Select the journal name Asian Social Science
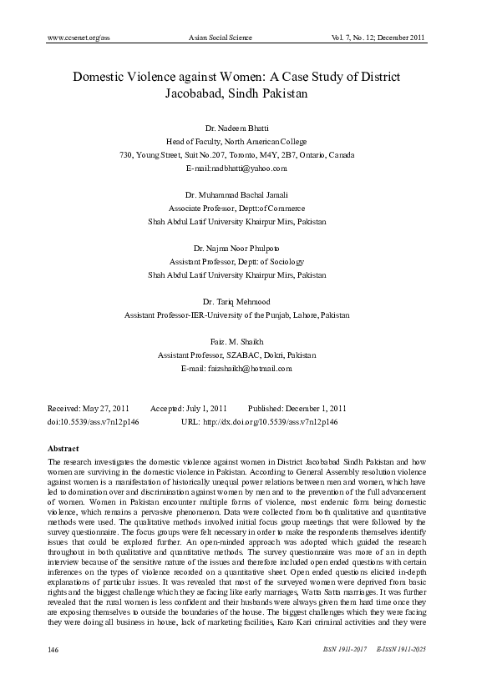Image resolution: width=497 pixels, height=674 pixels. click(x=221, y=38)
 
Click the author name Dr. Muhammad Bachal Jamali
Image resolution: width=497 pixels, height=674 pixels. click(x=237, y=194)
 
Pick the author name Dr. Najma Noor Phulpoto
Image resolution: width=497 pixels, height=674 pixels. click(x=237, y=248)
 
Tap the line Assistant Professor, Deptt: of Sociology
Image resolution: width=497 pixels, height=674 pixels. click(x=237, y=261)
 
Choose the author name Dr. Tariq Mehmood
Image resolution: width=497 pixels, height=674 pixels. click(x=237, y=301)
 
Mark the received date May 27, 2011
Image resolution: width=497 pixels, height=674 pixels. click(x=109, y=409)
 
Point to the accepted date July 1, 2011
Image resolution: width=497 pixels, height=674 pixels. click(x=206, y=409)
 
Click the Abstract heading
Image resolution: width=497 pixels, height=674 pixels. click(x=64, y=449)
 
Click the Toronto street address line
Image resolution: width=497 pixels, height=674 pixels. click(x=237, y=155)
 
